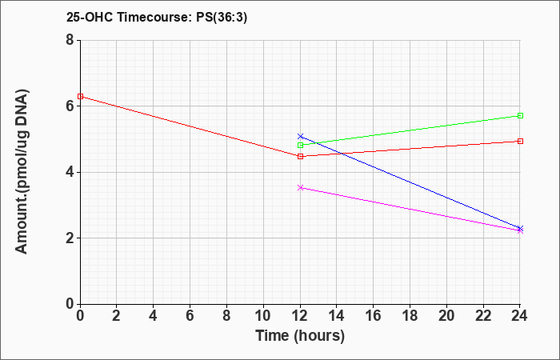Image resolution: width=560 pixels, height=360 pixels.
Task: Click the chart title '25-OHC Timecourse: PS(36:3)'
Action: pos(157,17)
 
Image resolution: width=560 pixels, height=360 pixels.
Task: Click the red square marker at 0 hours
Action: pos(80,97)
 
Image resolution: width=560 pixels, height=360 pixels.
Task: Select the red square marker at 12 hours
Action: pos(300,157)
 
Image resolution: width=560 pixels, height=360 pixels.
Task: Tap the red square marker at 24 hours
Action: pos(520,141)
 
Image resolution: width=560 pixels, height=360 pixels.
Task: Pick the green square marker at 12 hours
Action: pos(300,145)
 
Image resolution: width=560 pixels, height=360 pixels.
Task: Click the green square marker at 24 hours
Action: pos(520,115)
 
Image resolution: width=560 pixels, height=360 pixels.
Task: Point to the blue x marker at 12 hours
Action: pos(300,137)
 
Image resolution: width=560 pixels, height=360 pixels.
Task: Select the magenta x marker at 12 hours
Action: pos(300,187)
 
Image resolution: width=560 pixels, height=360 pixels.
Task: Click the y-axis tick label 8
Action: pos(70,40)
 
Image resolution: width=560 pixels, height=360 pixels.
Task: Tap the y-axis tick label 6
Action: pos(70,106)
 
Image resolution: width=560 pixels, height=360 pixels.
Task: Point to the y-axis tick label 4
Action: pos(70,172)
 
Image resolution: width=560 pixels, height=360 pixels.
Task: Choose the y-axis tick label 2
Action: pos(70,238)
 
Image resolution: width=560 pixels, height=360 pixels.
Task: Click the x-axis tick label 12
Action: pos(300,316)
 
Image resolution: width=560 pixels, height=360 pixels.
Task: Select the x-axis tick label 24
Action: pos(520,316)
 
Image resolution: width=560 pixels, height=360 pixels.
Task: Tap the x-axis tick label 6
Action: pos(190,316)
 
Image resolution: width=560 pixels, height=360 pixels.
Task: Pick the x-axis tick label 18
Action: pos(410,316)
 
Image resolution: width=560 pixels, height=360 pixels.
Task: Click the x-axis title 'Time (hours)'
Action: pos(300,336)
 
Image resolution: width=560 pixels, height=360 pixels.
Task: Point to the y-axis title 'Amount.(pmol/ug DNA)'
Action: pos(22,171)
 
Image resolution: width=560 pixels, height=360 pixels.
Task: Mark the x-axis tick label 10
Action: pos(263,316)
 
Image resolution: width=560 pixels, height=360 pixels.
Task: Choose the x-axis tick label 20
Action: pos(446,316)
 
